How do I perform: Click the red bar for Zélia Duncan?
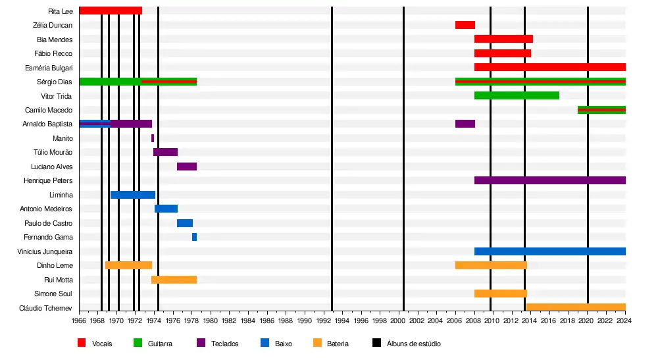(465, 25)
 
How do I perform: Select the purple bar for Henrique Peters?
(549, 180)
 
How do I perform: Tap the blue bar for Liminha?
(132, 195)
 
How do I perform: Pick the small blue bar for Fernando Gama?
(194, 237)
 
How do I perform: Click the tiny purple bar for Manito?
(153, 138)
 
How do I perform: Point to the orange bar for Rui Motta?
(174, 280)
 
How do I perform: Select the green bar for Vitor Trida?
(516, 95)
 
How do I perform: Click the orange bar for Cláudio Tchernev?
(575, 307)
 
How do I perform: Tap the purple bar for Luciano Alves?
(186, 167)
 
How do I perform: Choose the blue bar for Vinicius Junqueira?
(549, 251)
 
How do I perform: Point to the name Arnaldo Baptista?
(47, 124)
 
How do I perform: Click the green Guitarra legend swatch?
(138, 343)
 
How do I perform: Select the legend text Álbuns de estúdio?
(413, 344)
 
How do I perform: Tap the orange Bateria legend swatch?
(317, 343)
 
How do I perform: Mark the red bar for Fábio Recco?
(502, 53)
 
